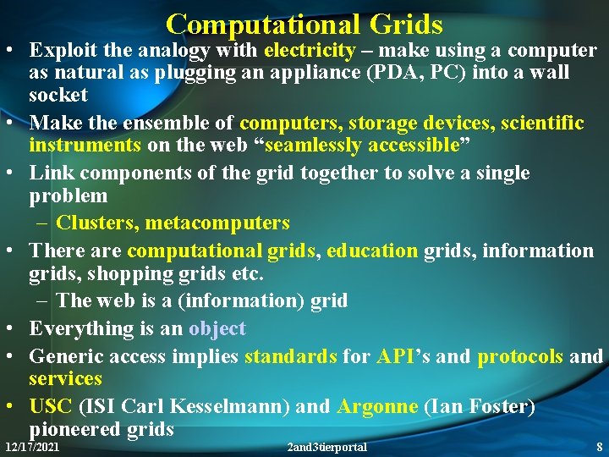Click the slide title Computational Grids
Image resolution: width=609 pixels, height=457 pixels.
304,23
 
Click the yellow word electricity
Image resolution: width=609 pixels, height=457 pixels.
310,50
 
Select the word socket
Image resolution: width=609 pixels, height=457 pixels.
58,94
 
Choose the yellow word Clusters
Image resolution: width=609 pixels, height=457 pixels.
97,223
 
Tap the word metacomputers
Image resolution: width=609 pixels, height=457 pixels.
217,223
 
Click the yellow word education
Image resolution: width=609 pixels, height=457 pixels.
372,251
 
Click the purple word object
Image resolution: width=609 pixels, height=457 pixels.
217,328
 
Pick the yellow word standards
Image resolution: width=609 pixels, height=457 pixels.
290,356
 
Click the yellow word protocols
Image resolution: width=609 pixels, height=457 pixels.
520,356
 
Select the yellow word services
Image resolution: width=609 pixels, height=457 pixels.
65,378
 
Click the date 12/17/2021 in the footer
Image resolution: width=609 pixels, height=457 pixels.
32,446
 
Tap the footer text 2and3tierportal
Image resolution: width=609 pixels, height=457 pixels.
327,446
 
